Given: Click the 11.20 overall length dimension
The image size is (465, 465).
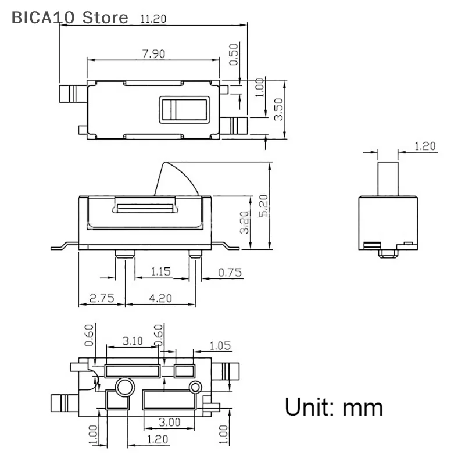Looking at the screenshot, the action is pos(153,19).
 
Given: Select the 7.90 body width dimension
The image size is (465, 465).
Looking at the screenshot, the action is pos(153,53).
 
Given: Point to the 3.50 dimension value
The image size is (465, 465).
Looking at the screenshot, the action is pos(278,109).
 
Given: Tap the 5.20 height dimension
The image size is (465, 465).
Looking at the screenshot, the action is pos(263,206).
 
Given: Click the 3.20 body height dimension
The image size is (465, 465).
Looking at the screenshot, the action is pos(244,223).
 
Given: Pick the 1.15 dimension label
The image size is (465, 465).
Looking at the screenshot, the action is pos(161,271).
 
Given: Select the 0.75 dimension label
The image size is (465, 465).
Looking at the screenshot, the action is pos(230,273).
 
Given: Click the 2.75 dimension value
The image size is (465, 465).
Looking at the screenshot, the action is pos(102,298).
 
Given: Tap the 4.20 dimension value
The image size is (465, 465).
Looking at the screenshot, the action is pos(160,298).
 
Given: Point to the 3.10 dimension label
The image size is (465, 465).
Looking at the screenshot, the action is pos(133,341).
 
